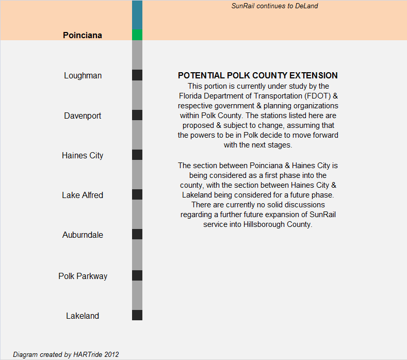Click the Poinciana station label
coord(83,36)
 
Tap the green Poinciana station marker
coord(137,35)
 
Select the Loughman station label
coord(83,76)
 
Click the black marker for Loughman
coord(137,75)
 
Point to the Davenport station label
coord(83,116)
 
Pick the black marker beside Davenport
coord(137,115)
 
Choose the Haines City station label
coord(83,155)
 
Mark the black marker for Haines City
coord(137,155)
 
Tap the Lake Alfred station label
coord(83,195)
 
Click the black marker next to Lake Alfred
coord(137,194)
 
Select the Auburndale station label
coord(83,235)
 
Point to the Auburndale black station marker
coord(137,234)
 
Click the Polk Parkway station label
coord(83,276)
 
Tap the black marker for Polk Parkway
coord(137,275)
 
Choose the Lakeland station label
coord(83,316)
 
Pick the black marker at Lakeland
coord(137,315)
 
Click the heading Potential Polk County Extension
coord(258,75)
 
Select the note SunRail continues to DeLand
coord(274,6)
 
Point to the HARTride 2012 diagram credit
coord(66,354)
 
